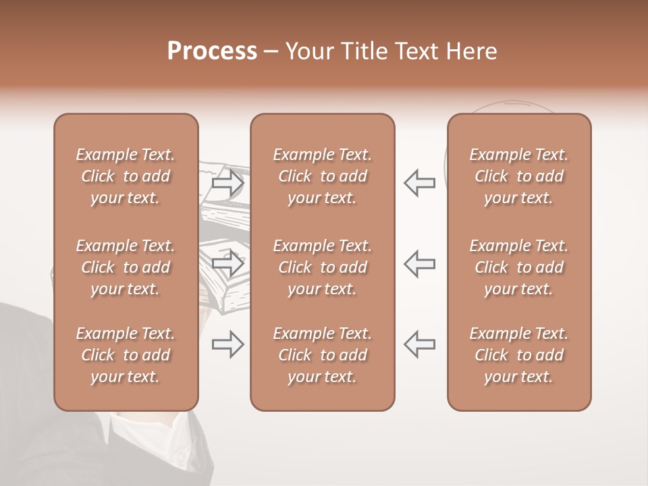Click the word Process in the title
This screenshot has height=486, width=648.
point(212,51)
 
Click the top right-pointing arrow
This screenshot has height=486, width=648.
point(228,183)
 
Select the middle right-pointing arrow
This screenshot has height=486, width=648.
point(228,263)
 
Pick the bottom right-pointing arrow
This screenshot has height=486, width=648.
point(228,344)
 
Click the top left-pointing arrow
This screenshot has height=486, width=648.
point(419,183)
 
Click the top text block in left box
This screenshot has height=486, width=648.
point(126,176)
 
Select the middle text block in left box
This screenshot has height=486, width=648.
point(126,267)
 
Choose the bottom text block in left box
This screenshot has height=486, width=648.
point(126,355)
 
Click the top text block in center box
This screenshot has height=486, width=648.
point(322,176)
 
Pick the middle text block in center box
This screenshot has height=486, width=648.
point(322,267)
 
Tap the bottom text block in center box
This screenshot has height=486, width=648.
point(322,355)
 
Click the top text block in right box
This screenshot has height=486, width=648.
point(518,176)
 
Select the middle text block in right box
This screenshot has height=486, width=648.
point(518,267)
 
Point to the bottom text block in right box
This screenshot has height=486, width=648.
point(518,355)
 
